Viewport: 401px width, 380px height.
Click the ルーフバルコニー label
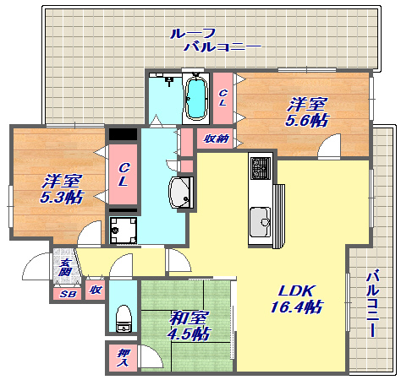(x=216, y=41)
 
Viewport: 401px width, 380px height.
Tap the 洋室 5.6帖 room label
(x=306, y=112)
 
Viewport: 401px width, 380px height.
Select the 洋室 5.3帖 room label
(x=62, y=189)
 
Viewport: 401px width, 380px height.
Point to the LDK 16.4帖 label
(x=296, y=299)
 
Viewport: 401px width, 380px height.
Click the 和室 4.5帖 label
(x=189, y=326)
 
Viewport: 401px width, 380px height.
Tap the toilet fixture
(x=124, y=318)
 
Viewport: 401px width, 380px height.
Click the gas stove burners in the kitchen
(x=261, y=168)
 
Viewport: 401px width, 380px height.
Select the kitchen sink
(x=261, y=222)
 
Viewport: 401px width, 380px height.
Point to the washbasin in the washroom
(x=181, y=193)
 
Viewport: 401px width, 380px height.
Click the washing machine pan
(x=124, y=231)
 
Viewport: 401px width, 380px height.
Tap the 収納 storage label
(x=217, y=138)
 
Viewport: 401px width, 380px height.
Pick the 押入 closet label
(x=124, y=357)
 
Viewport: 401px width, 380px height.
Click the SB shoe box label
(x=69, y=294)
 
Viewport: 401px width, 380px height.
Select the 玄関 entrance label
(x=65, y=267)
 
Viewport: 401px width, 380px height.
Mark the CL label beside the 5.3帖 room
(x=124, y=175)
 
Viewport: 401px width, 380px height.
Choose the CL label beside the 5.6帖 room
(x=222, y=98)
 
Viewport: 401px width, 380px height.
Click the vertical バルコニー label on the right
(x=372, y=303)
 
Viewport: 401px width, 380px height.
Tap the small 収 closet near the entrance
(x=95, y=290)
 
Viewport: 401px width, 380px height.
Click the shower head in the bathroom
(x=169, y=81)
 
